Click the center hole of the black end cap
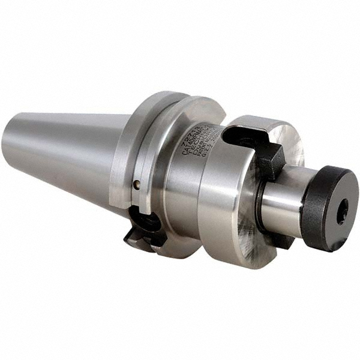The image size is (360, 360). click(342, 211)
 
